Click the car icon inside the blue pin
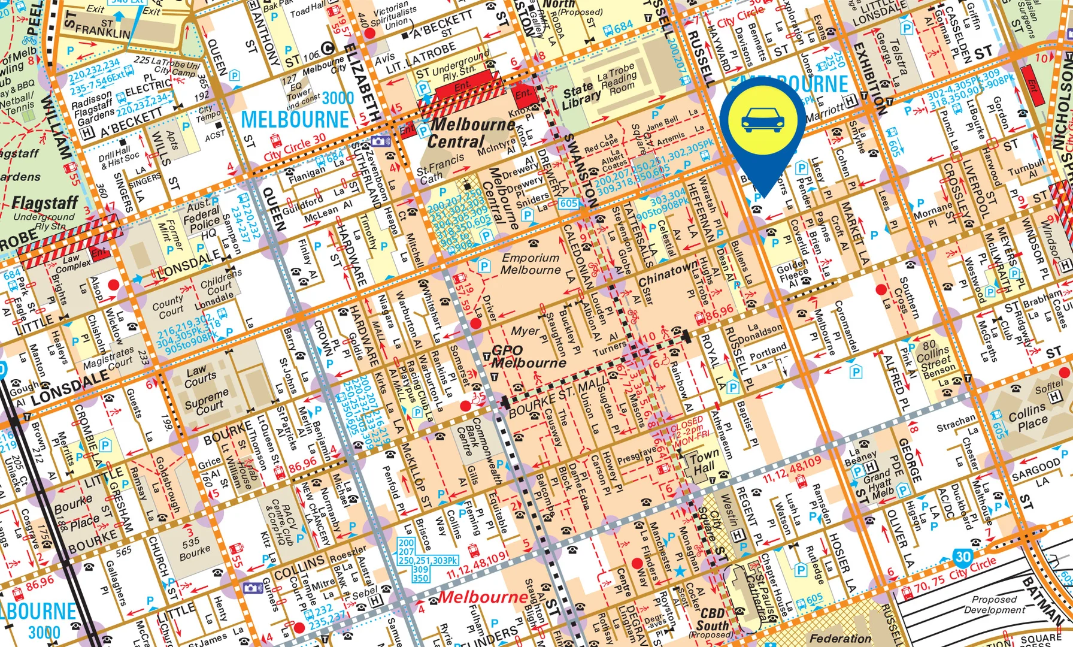pos(762,120)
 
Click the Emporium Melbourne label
pos(531,264)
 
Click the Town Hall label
pos(703,464)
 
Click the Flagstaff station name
pos(45,204)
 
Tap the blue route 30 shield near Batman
pos(962,557)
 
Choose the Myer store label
pos(525,331)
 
